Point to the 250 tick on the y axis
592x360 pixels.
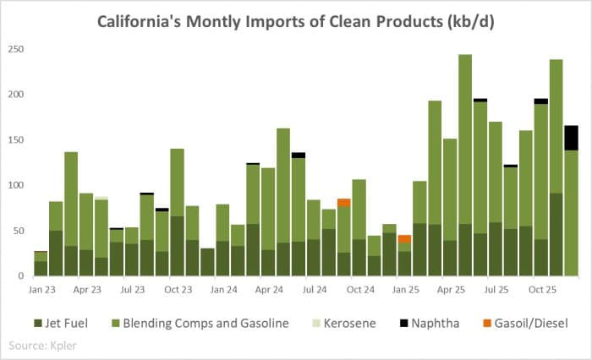(x=16, y=49)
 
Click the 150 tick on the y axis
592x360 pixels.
(x=16, y=139)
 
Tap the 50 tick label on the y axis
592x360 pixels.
(x=19, y=230)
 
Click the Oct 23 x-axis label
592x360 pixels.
(x=177, y=289)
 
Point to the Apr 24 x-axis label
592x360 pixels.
(x=268, y=289)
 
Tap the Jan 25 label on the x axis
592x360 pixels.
(x=404, y=289)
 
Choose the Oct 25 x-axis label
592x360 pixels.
(x=540, y=289)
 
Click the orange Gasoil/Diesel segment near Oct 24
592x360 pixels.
(x=343, y=202)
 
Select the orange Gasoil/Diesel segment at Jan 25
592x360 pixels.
(x=404, y=238)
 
